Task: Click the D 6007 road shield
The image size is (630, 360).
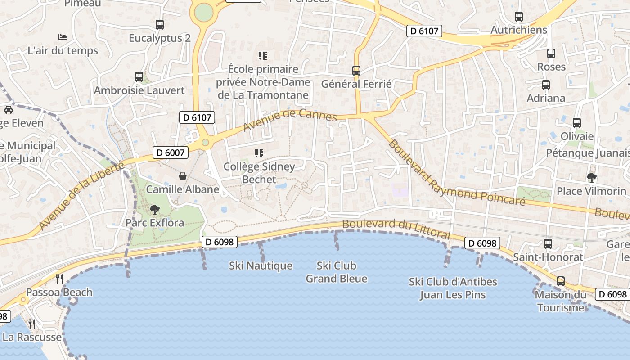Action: pyautogui.click(x=171, y=153)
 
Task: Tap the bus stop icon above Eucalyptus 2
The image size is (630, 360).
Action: pyautogui.click(x=160, y=25)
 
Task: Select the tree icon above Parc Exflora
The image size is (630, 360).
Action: pyautogui.click(x=155, y=209)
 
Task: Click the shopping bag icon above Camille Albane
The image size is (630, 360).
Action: pyautogui.click(x=183, y=175)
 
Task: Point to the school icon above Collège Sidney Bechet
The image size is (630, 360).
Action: pyautogui.click(x=259, y=153)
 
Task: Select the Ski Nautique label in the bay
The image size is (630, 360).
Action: pyautogui.click(x=261, y=266)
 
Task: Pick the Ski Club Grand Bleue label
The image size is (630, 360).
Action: pyautogui.click(x=336, y=272)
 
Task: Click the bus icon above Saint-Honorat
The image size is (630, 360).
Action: pyautogui.click(x=548, y=244)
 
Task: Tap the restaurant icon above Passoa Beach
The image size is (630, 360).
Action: pyautogui.click(x=59, y=279)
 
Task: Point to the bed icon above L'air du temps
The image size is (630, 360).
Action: pyautogui.click(x=63, y=37)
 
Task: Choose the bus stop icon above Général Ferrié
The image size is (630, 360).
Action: pyautogui.click(x=356, y=71)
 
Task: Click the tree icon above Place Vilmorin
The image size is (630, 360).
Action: pyautogui.click(x=591, y=178)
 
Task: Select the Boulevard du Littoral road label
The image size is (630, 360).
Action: pyautogui.click(x=396, y=229)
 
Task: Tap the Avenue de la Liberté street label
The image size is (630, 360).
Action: pyautogui.click(x=81, y=196)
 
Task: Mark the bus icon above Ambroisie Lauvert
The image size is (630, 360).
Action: pyautogui.click(x=139, y=77)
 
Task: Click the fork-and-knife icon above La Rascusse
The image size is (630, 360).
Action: pyautogui.click(x=32, y=324)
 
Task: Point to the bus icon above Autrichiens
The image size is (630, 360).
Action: pyautogui.click(x=519, y=17)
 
